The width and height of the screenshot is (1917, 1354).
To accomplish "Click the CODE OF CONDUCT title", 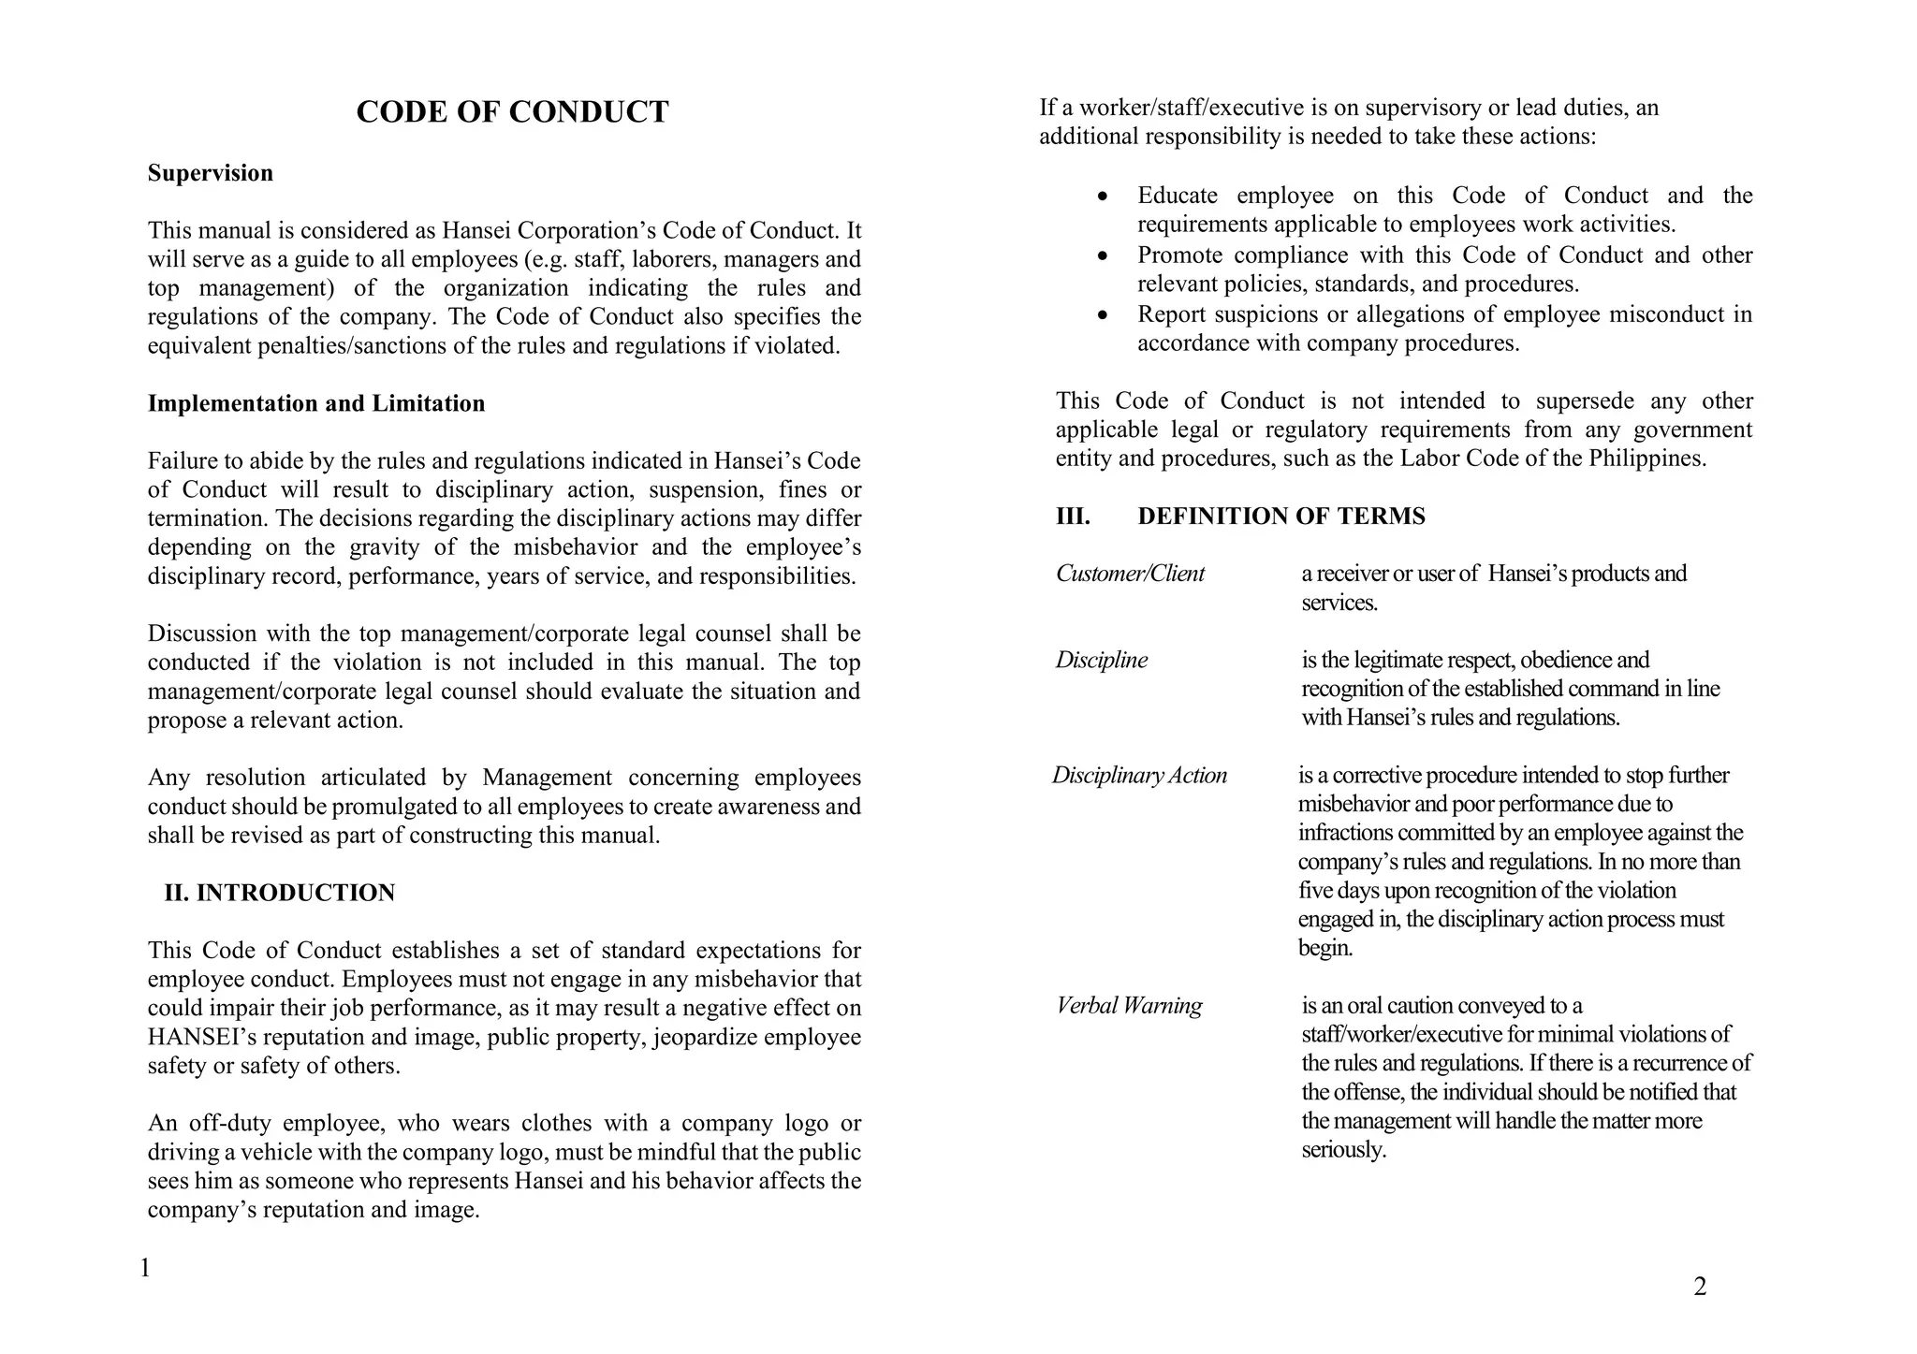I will tap(512, 112).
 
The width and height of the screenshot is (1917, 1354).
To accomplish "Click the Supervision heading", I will tap(211, 173).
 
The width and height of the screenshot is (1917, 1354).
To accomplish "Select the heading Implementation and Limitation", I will tap(316, 403).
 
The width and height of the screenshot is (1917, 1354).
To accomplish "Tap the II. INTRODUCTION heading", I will tap(280, 893).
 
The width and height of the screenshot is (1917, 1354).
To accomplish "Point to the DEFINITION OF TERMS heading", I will tap(1280, 517).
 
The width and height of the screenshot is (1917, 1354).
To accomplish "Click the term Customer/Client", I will tap(1130, 574).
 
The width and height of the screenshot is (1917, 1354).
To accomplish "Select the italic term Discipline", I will tap(1101, 661).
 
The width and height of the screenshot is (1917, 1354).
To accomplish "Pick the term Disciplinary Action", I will tap(1139, 776).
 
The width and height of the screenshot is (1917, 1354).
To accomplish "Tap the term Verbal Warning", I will tap(1129, 1006).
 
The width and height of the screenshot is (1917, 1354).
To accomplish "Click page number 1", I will tap(145, 1269).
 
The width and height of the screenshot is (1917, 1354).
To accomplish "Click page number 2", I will tap(1700, 1288).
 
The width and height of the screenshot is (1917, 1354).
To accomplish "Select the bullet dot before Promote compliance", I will tap(1105, 256).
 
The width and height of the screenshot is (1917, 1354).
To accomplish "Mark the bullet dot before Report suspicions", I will tap(1105, 315).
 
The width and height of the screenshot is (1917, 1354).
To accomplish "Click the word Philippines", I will tap(1646, 459).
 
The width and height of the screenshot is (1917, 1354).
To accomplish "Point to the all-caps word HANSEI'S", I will tap(198, 1037).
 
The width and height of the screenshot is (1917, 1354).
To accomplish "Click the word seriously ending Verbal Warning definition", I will tap(1343, 1150).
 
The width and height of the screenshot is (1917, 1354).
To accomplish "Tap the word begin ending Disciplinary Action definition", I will tap(1325, 949).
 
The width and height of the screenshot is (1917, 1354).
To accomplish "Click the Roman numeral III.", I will tap(1073, 517).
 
